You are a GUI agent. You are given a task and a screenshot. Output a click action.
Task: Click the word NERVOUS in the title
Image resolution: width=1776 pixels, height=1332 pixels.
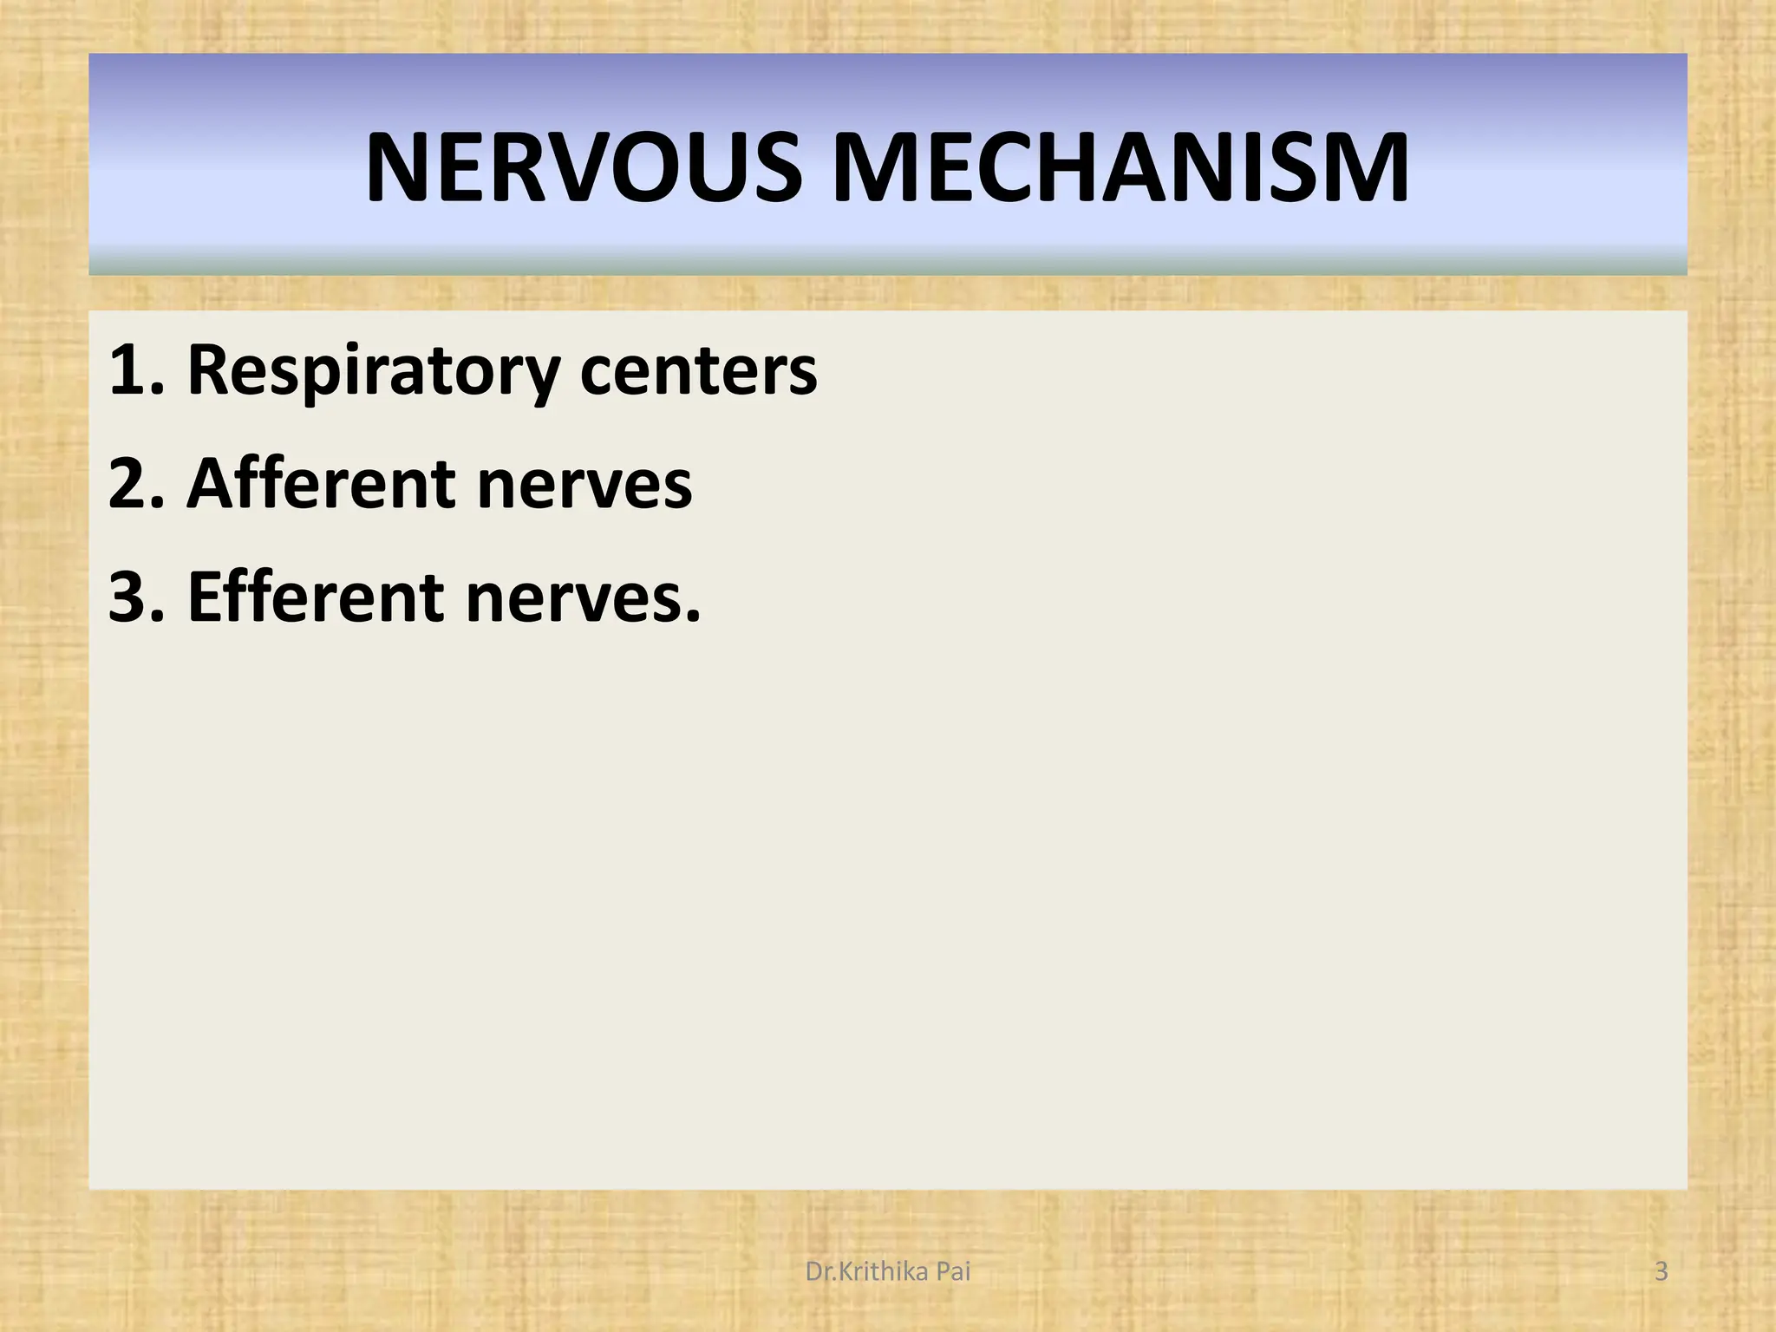[584, 168]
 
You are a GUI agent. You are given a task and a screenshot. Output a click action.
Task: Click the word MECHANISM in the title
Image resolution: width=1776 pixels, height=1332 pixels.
[1120, 168]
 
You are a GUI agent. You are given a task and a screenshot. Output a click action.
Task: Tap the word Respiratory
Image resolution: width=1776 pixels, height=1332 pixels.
[373, 371]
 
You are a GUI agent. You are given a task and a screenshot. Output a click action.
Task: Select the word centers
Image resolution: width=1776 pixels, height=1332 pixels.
[698, 371]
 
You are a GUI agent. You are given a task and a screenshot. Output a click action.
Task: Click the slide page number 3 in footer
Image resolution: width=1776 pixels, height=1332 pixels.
[1662, 1272]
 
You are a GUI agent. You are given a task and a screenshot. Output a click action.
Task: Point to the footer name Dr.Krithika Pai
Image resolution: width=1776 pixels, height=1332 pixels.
[888, 1272]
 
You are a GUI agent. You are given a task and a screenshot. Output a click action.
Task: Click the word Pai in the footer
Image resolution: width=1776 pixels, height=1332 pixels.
[953, 1272]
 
